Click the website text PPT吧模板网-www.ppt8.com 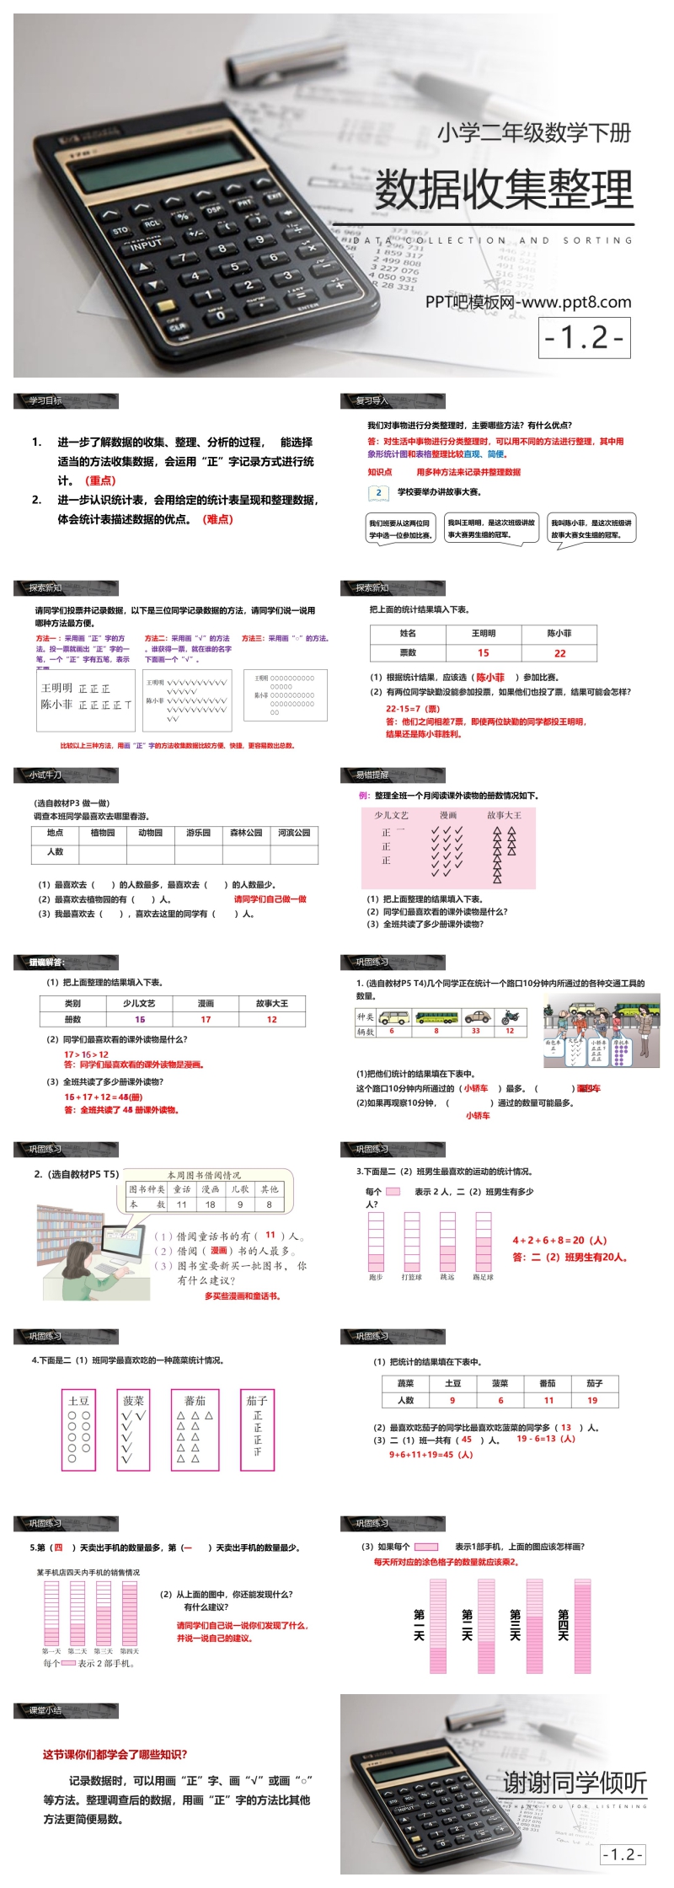tap(528, 302)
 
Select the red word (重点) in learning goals tap(100, 480)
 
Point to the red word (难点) tap(217, 519)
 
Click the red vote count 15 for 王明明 tap(483, 652)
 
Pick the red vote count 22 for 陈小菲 tap(559, 652)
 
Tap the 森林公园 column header tap(246, 833)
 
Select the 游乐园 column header tap(198, 833)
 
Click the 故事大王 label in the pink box tap(504, 815)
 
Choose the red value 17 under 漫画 tap(206, 1020)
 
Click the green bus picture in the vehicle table tap(436, 1016)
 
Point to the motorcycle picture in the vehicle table tap(510, 1016)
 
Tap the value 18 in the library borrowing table tap(210, 1204)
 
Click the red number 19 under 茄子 tap(592, 1401)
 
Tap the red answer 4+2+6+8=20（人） tap(559, 1241)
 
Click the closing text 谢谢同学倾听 tap(575, 1783)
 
